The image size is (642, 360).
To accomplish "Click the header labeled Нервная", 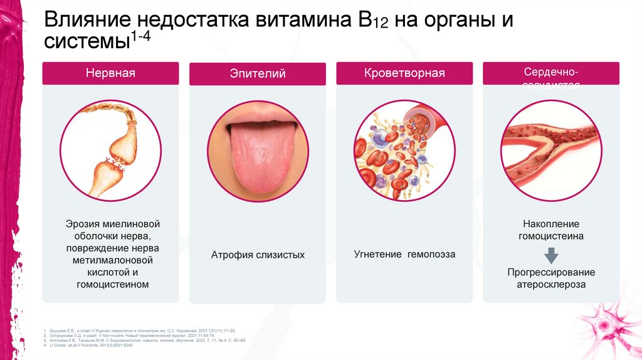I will pos(110,73).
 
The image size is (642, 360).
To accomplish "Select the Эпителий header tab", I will pos(257,73).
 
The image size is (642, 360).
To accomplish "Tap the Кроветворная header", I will pos(404,73).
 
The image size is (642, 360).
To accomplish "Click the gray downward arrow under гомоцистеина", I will pos(551,255).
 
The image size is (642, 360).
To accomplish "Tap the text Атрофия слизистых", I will pos(257,255).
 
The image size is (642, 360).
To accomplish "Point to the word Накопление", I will pos(551,224).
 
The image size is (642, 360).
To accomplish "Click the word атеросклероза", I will pos(551,284).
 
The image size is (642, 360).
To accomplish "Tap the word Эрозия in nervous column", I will pos(82,224).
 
